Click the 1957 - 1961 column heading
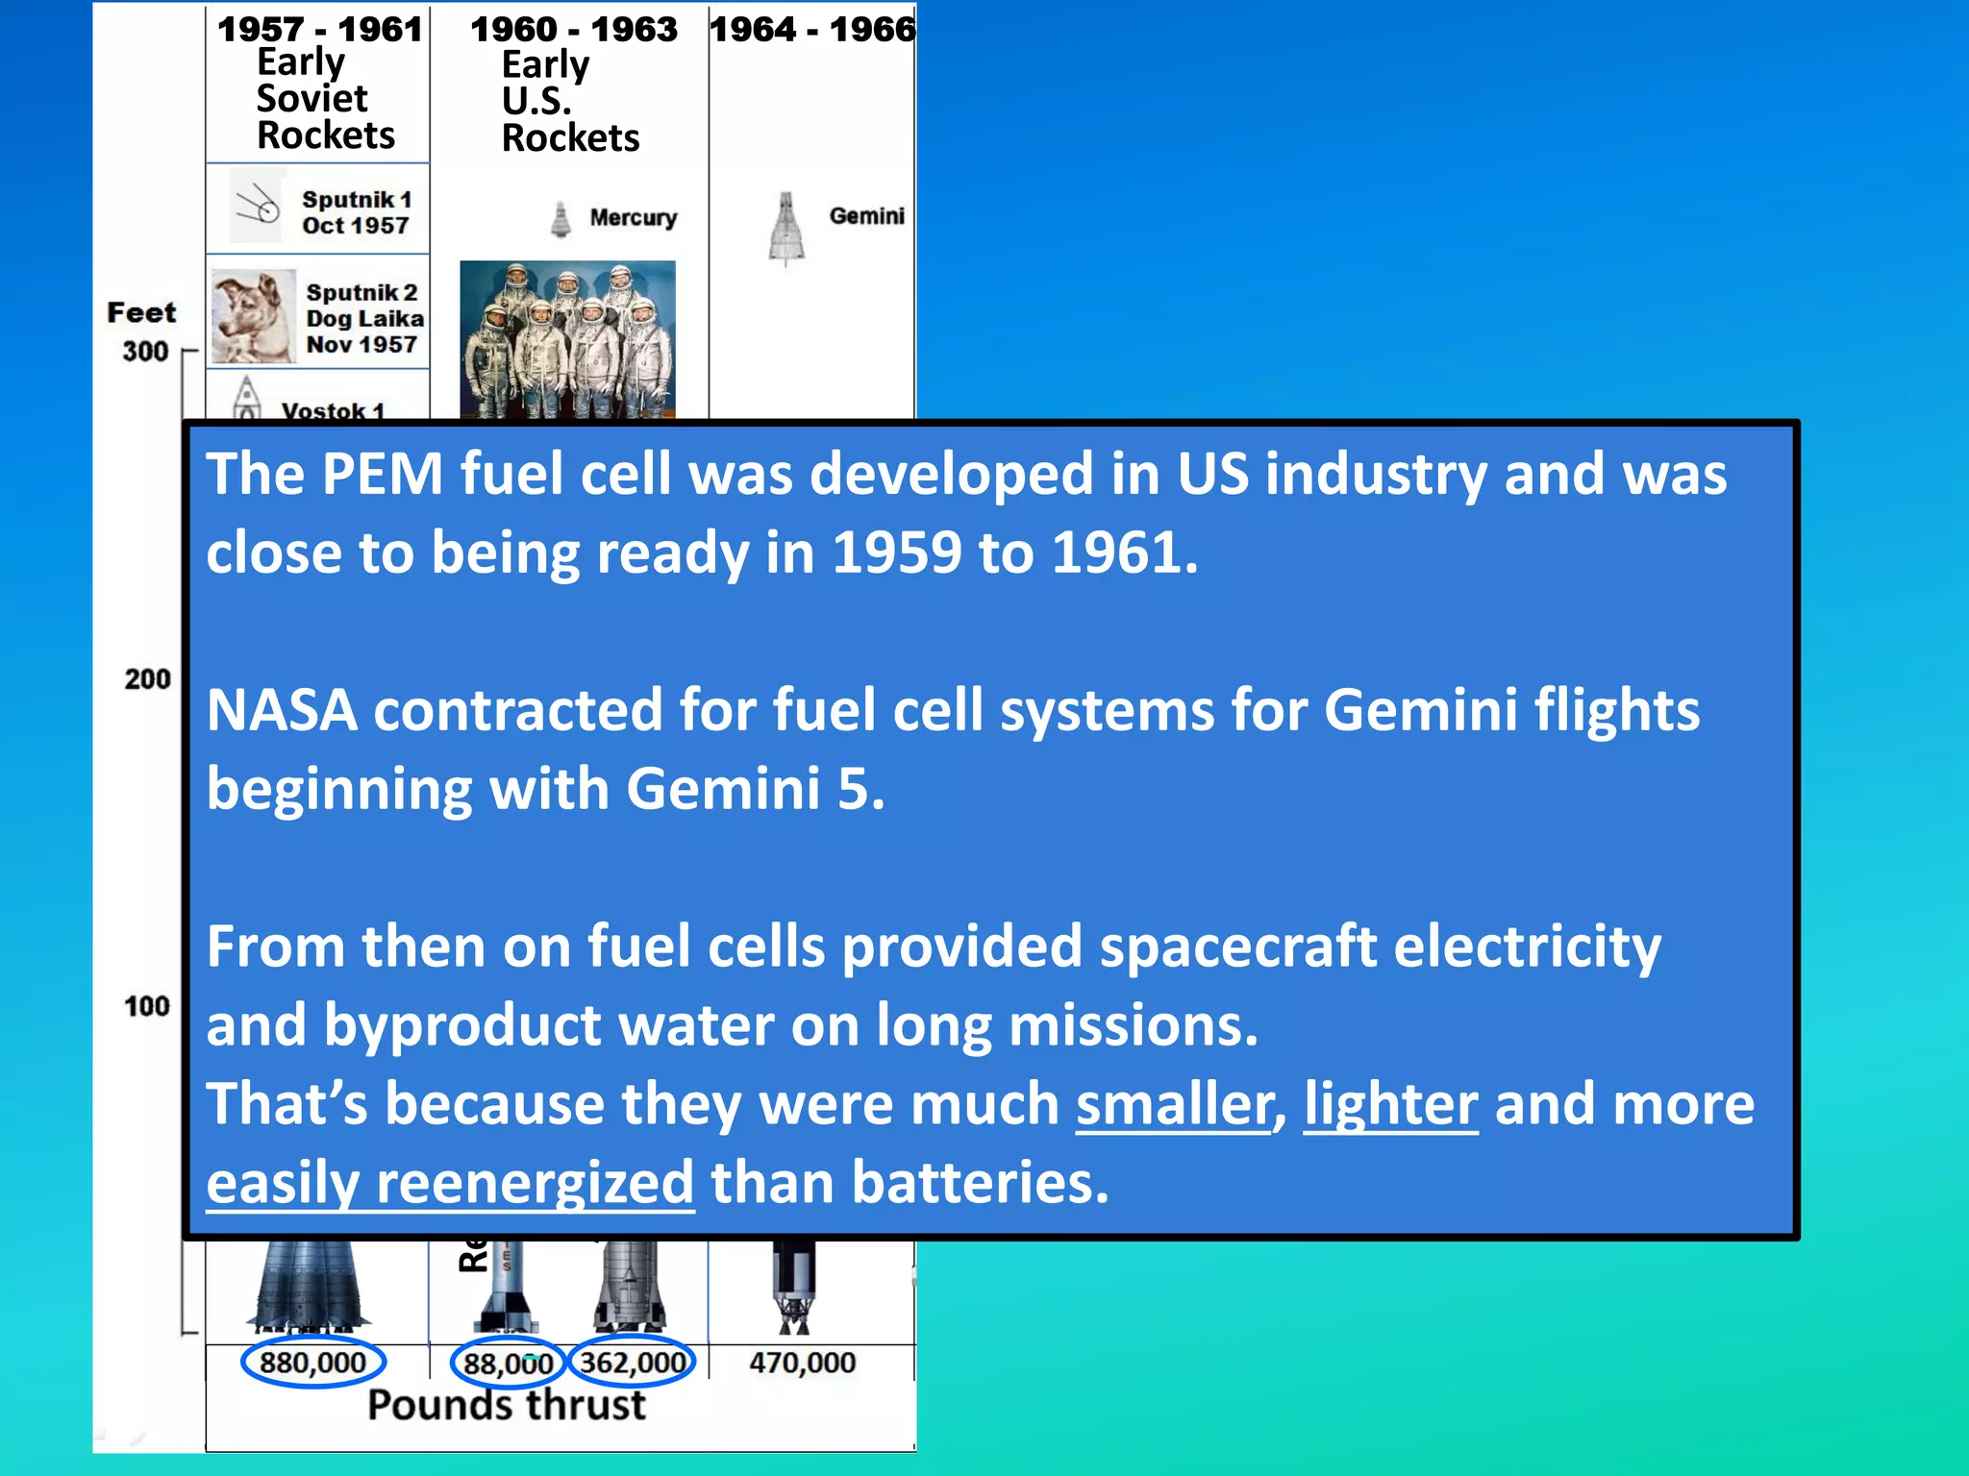pyautogui.click(x=319, y=30)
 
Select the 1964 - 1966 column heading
pyautogui.click(x=812, y=30)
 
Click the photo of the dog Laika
pyautogui.click(x=253, y=316)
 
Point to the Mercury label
pyautogui.click(x=633, y=218)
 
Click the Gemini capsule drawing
pyautogui.click(x=786, y=229)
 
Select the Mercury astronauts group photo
pyautogui.click(x=567, y=339)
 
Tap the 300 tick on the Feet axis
pyautogui.click(x=145, y=352)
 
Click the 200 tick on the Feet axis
pyautogui.click(x=147, y=679)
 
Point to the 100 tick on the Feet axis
pyautogui.click(x=146, y=1006)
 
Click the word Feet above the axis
pyautogui.click(x=141, y=312)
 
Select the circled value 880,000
pyautogui.click(x=312, y=1363)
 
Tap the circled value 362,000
pyautogui.click(x=633, y=1363)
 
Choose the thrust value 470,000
pyautogui.click(x=802, y=1363)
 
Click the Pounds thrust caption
pyautogui.click(x=507, y=1405)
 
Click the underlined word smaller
pyautogui.click(x=1174, y=1104)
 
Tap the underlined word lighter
pyautogui.click(x=1390, y=1104)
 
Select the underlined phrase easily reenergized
pyautogui.click(x=450, y=1183)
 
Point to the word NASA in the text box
pyautogui.click(x=281, y=710)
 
